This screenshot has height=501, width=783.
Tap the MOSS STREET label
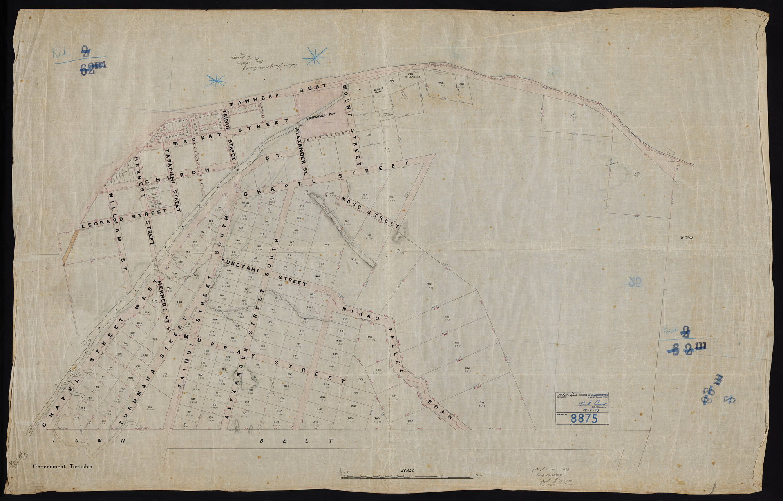pyautogui.click(x=370, y=212)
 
